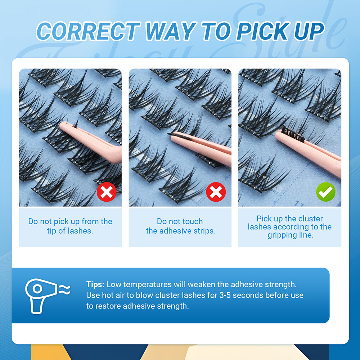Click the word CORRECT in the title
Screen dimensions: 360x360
pos(89,31)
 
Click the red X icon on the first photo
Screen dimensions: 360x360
pos(107,192)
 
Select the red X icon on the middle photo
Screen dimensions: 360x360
pos(216,192)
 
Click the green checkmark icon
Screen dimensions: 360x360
pos(326,192)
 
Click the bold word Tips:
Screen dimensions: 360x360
pos(95,284)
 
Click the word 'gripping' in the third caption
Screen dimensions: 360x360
pos(282,235)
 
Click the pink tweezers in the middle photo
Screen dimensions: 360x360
pos(205,146)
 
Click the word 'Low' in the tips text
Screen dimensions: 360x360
pos(114,284)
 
